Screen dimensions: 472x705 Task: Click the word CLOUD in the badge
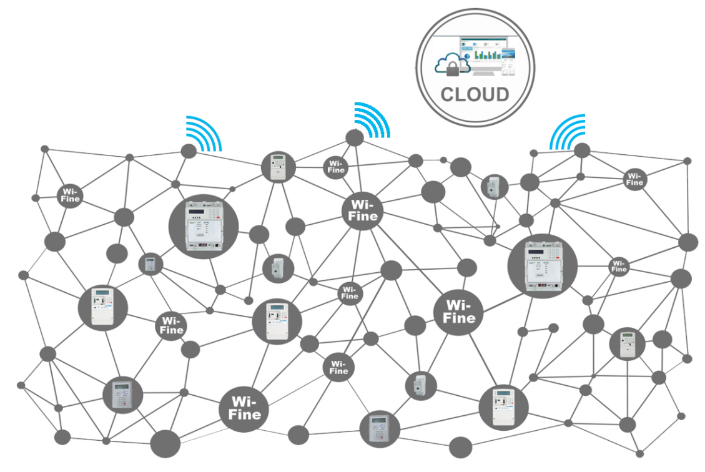click(475, 95)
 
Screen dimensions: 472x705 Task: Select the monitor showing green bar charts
click(485, 54)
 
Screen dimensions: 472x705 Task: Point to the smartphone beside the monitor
click(510, 61)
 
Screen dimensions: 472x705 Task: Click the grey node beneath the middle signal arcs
click(355, 138)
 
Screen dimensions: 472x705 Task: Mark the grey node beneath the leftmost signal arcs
click(189, 150)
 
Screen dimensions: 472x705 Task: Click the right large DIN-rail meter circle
click(541, 267)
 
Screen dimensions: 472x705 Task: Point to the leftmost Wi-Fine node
click(69, 194)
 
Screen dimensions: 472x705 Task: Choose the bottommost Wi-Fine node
click(244, 407)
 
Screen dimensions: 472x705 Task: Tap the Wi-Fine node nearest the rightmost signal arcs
click(634, 179)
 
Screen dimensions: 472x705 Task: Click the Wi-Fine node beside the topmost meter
click(336, 167)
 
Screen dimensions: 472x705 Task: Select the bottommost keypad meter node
click(380, 428)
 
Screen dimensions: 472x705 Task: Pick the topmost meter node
click(278, 167)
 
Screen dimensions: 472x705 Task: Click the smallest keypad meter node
click(150, 264)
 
